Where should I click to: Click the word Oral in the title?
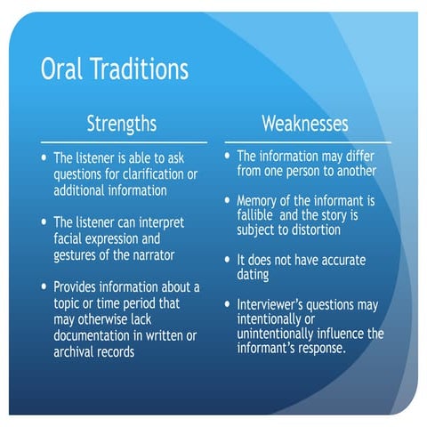point(61,68)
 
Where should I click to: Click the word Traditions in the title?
point(139,68)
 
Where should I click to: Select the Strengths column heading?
point(122,124)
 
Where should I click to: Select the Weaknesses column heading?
point(305,124)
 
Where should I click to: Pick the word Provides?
point(75,286)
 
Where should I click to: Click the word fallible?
point(254,214)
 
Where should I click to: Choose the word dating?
point(253,275)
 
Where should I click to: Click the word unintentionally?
point(275,334)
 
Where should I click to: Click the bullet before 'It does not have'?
point(227,260)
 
